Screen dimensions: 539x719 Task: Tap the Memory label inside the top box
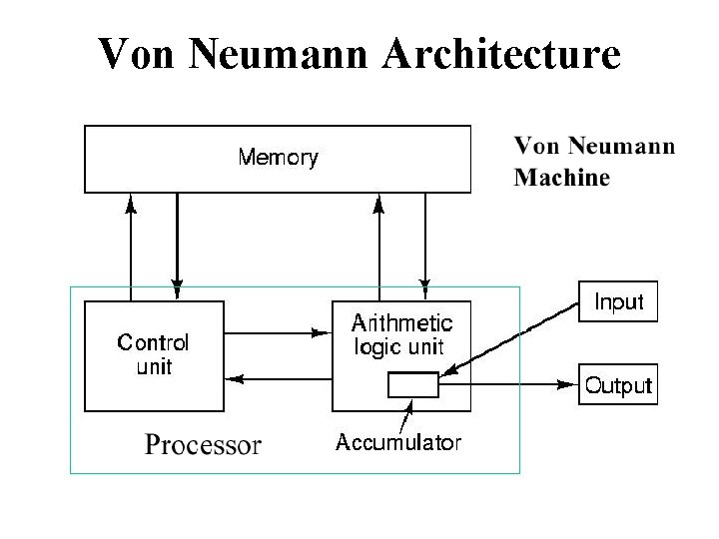pyautogui.click(x=278, y=158)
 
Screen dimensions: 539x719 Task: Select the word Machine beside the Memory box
pyautogui.click(x=561, y=179)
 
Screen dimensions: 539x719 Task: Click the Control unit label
pyautogui.click(x=153, y=354)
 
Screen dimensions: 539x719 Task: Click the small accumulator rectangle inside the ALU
pyautogui.click(x=413, y=384)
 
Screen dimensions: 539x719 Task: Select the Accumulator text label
pyautogui.click(x=398, y=443)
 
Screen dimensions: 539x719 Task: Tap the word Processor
pyautogui.click(x=203, y=444)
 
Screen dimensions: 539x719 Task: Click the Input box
pyautogui.click(x=619, y=301)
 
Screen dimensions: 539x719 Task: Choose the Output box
pyautogui.click(x=618, y=385)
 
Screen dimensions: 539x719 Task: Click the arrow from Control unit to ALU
pyautogui.click(x=279, y=332)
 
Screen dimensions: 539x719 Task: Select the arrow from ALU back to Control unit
pyautogui.click(x=279, y=378)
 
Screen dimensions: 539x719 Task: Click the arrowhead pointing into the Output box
pyautogui.click(x=571, y=384)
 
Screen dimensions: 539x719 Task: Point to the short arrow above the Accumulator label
pyautogui.click(x=407, y=414)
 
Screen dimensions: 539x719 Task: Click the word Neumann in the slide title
pyautogui.click(x=275, y=54)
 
